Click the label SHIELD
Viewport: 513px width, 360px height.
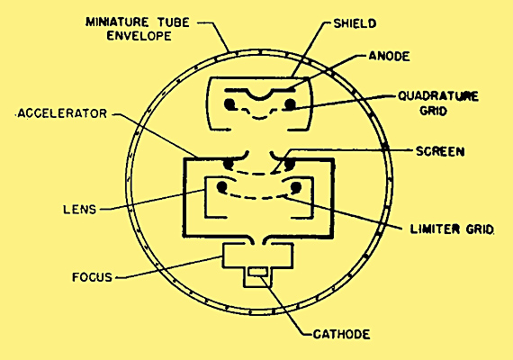355,23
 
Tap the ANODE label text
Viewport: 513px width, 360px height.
389,57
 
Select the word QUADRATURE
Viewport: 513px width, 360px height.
438,96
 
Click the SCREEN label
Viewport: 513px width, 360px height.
440,151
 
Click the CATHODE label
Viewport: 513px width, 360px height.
342,335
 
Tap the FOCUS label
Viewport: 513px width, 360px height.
93,277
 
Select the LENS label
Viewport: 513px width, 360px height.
80,209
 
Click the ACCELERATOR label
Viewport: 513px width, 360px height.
62,113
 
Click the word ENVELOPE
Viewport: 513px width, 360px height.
139,36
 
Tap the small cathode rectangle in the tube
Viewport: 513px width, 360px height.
258,272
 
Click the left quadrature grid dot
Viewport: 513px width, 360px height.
229,104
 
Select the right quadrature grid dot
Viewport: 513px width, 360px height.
290,104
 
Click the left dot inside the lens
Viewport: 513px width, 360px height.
221,187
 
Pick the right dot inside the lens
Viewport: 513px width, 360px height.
295,187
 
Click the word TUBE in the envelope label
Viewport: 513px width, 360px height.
174,22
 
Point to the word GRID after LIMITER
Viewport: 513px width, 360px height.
481,229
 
